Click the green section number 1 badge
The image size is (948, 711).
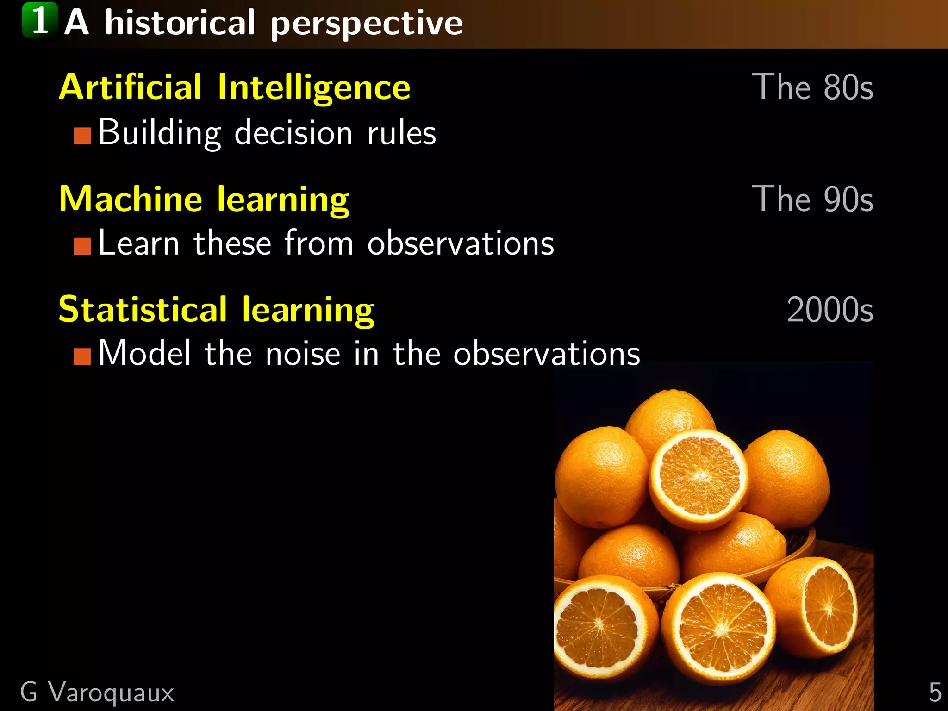pos(40,21)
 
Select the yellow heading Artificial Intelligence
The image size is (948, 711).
pos(235,87)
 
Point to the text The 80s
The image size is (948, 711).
pos(812,87)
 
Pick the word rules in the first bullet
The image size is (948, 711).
pos(401,133)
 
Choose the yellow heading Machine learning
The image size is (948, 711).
pos(204,199)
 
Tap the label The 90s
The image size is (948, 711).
pos(812,199)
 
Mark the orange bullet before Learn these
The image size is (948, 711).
pos(82,246)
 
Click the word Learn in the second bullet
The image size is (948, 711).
pos(138,243)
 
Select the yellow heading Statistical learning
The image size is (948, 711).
pos(216,310)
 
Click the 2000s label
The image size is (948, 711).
pos(830,310)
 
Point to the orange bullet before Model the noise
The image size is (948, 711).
pos(82,356)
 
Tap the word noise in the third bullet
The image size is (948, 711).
pos(303,354)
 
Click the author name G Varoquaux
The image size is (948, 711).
pos(97,692)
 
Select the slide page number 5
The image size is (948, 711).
pos(935,692)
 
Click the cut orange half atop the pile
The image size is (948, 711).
pos(698,479)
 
